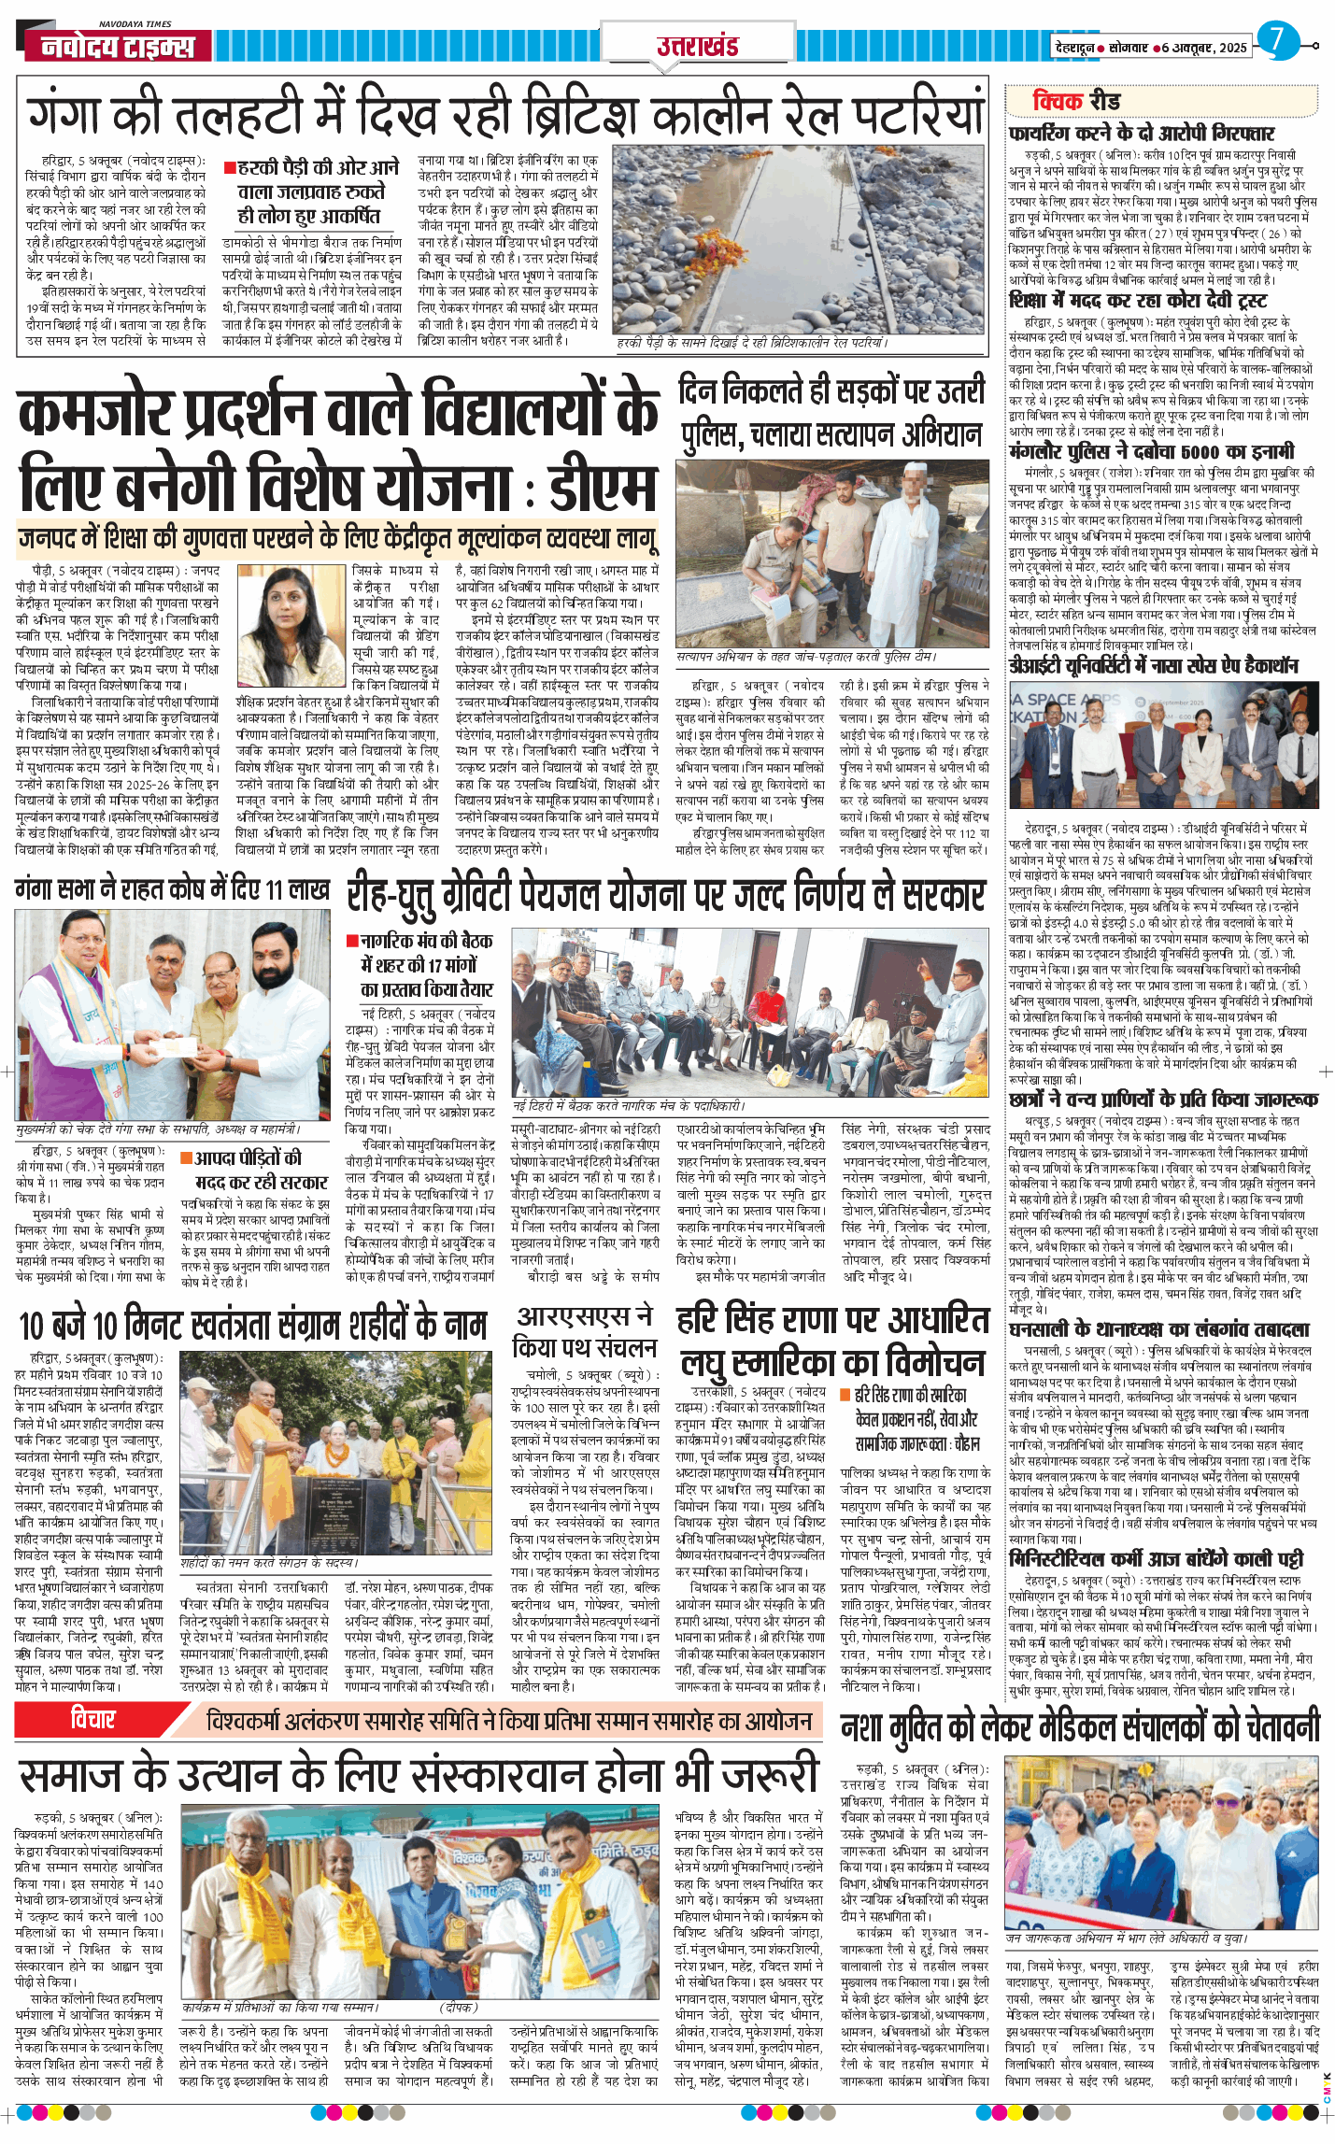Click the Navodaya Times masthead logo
118,45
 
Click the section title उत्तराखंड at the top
697,46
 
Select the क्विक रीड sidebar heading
1076,101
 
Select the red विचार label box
93,1720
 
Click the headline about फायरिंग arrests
1141,133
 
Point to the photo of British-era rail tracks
799,237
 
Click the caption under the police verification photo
805,657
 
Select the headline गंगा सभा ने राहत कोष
172,889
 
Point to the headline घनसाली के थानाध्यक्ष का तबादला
1158,1329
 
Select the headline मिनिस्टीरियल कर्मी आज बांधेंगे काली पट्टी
1156,1559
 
